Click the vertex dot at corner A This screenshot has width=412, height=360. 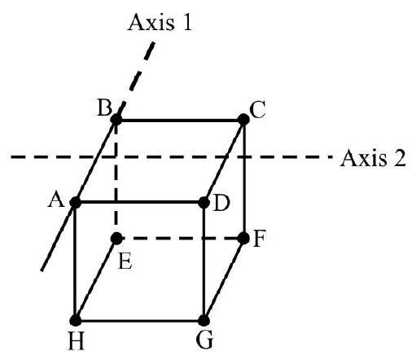[x=75, y=203]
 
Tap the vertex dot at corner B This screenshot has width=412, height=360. [x=116, y=120]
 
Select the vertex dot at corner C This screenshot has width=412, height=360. [x=243, y=120]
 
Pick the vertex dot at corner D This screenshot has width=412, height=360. [x=204, y=203]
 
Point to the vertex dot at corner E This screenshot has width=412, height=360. [x=116, y=239]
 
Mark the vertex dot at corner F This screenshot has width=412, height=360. [x=243, y=239]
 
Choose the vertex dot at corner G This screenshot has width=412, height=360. [x=204, y=321]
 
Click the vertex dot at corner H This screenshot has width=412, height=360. [x=76, y=321]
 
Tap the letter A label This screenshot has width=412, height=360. [x=56, y=200]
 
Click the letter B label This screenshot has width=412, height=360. [x=104, y=108]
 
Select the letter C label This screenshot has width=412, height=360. [x=257, y=110]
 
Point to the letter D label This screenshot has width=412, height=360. [x=221, y=203]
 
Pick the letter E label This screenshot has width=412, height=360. [x=125, y=261]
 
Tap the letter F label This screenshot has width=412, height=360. [x=259, y=239]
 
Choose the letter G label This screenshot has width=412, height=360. [x=204, y=340]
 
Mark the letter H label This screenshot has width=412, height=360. [x=77, y=341]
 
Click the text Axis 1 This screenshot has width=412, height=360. [x=160, y=22]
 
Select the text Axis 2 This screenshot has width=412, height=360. [x=373, y=158]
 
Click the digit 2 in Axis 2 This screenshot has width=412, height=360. [x=400, y=158]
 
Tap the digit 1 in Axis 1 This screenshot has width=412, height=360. [x=187, y=22]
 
